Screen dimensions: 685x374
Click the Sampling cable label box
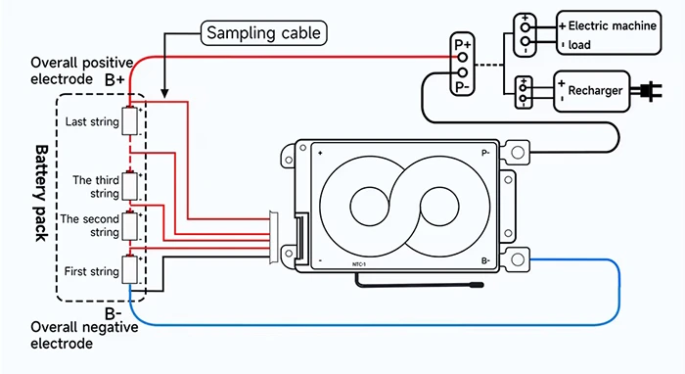[x=264, y=32]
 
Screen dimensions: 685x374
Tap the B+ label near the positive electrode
[x=114, y=80]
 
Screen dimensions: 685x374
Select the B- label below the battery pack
[x=113, y=313]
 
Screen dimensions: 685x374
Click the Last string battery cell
[x=130, y=121]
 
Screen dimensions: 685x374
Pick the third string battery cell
[x=130, y=187]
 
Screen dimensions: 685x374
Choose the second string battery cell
[x=130, y=226]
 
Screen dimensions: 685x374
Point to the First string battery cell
[x=130, y=269]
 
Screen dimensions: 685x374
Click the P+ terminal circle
[x=462, y=57]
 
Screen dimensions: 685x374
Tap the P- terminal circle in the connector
[x=462, y=72]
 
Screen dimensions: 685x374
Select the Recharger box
[x=592, y=91]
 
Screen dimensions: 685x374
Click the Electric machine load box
[x=609, y=33]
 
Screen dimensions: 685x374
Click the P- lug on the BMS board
[x=518, y=153]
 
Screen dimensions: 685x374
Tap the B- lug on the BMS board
[x=518, y=260]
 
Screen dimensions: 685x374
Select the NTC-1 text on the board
[x=359, y=264]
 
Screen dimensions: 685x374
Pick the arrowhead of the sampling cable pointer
[x=164, y=93]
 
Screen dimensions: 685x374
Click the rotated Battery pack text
[x=41, y=193]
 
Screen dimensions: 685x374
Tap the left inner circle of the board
[x=370, y=207]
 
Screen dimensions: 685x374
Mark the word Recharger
[x=595, y=90]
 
